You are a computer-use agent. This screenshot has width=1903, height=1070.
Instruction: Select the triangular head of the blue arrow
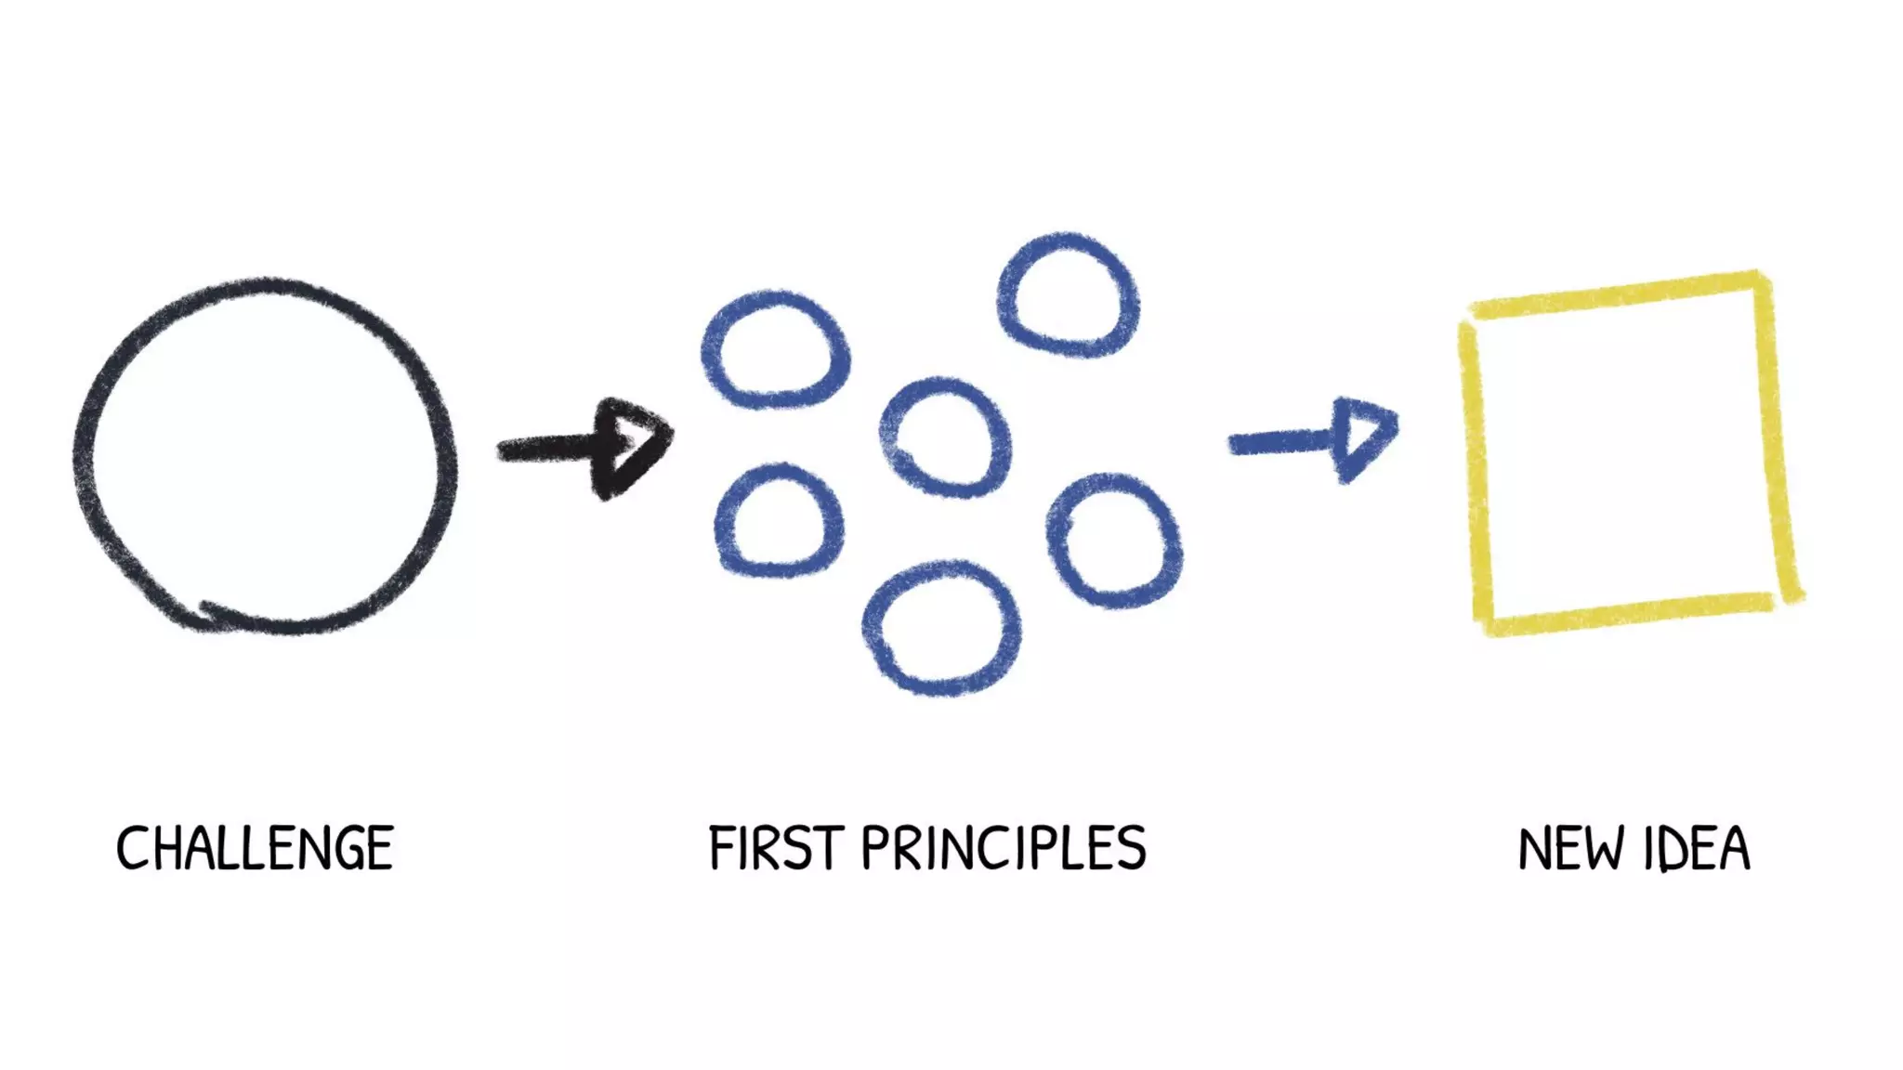click(1362, 437)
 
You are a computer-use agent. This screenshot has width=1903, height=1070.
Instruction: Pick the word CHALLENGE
click(255, 848)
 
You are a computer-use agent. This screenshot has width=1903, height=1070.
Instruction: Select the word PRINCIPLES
click(1004, 848)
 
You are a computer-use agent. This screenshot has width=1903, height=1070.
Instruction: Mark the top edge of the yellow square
click(1617, 294)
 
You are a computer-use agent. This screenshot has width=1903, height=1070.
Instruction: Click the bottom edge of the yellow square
click(1626, 614)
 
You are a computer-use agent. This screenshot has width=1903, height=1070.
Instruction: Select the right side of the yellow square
click(1777, 437)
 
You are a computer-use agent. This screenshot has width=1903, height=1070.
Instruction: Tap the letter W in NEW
click(1604, 849)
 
